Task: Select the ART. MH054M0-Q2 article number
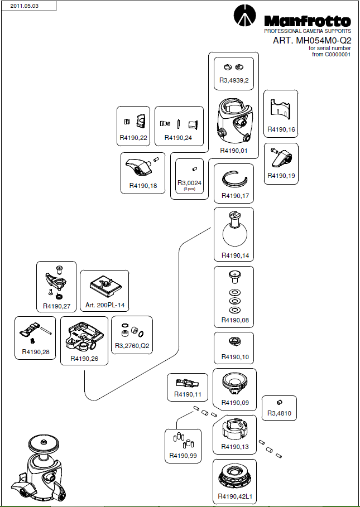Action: (311, 41)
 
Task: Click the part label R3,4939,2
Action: (234, 80)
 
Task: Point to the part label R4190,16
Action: (281, 129)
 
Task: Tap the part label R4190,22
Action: (133, 137)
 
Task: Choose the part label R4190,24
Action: (178, 137)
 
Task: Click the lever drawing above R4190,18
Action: (140, 166)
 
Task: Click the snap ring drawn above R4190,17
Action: (234, 179)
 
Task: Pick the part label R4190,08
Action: (234, 320)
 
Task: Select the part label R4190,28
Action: (35, 352)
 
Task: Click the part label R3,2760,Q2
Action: (132, 346)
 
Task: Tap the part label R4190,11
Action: (188, 395)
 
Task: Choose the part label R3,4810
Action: (280, 413)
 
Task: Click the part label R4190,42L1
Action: (234, 496)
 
